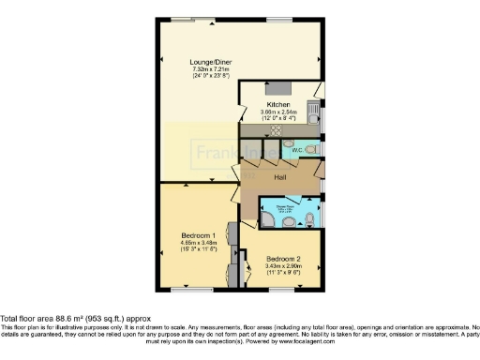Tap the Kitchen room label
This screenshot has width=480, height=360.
click(278, 104)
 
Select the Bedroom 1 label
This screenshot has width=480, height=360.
click(199, 235)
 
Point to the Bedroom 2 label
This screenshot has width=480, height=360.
click(282, 259)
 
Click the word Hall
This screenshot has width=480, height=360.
click(279, 175)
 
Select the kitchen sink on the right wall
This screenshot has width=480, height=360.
click(320, 113)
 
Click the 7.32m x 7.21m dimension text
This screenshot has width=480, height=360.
click(212, 69)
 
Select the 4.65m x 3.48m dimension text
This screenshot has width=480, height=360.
click(199, 244)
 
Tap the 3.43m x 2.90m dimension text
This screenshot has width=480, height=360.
click(282, 267)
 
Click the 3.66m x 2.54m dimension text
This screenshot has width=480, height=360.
click(278, 112)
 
